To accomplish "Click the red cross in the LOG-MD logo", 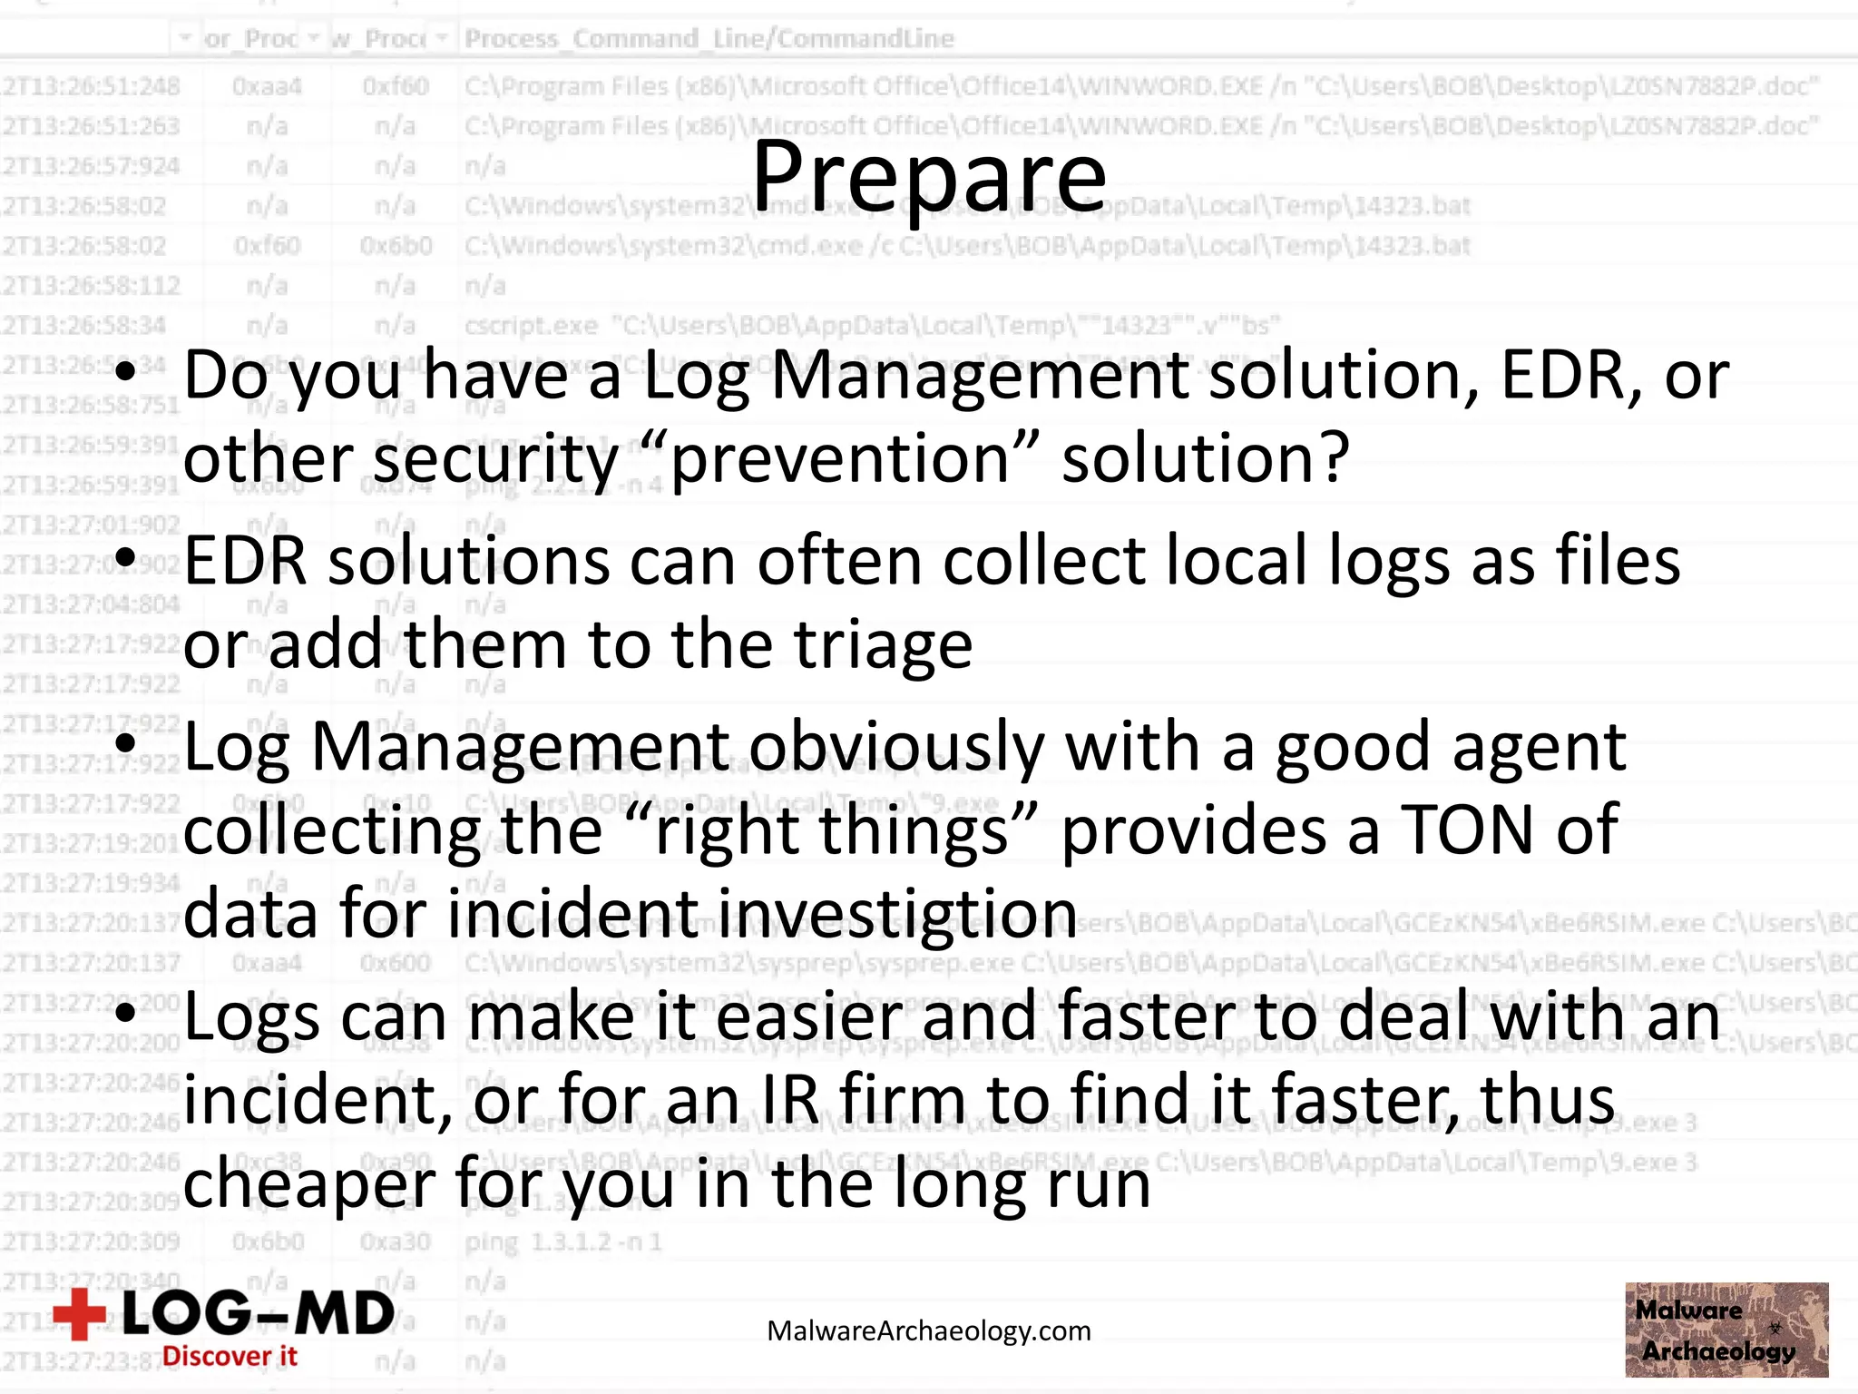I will (x=80, y=1313).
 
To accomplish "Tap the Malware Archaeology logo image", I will (x=1726, y=1330).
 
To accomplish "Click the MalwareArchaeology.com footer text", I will (x=929, y=1330).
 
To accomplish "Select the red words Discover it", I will (x=230, y=1356).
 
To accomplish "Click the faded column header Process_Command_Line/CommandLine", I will (x=709, y=38).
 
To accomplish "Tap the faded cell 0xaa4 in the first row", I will (x=267, y=86).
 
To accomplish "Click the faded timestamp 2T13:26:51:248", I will (x=91, y=86).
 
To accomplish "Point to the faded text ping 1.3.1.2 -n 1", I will (x=562, y=1242).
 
